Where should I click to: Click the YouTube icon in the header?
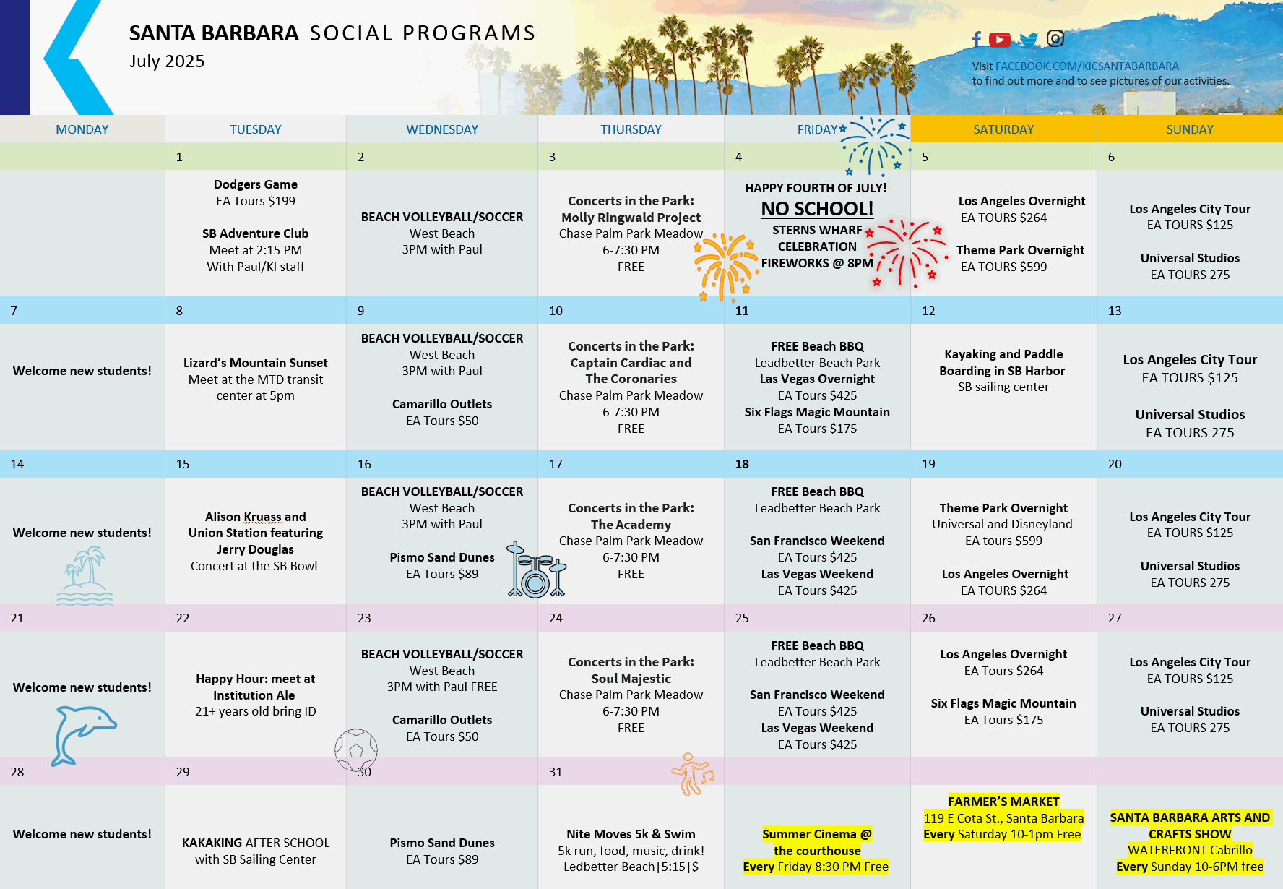pos(1000,40)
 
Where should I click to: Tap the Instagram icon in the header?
pos(1055,38)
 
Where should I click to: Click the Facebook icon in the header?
pos(977,39)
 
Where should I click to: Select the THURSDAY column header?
pos(631,129)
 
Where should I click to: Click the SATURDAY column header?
pos(1003,129)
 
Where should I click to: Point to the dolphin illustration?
pos(82,734)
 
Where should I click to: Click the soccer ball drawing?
pos(356,750)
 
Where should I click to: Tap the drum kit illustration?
pos(536,571)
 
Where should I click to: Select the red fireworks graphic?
pos(906,253)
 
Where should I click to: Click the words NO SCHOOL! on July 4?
pos(817,209)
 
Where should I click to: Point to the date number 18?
pos(742,464)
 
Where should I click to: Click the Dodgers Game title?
pos(256,184)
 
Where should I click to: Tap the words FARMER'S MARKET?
pos(1003,802)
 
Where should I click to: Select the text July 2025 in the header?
pos(167,61)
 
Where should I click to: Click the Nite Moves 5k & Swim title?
pos(631,834)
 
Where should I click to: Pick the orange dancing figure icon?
pos(692,775)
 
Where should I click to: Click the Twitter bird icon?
pos(1029,40)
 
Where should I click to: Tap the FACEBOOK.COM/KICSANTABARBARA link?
pos(1087,66)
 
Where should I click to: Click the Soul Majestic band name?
pos(631,679)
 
